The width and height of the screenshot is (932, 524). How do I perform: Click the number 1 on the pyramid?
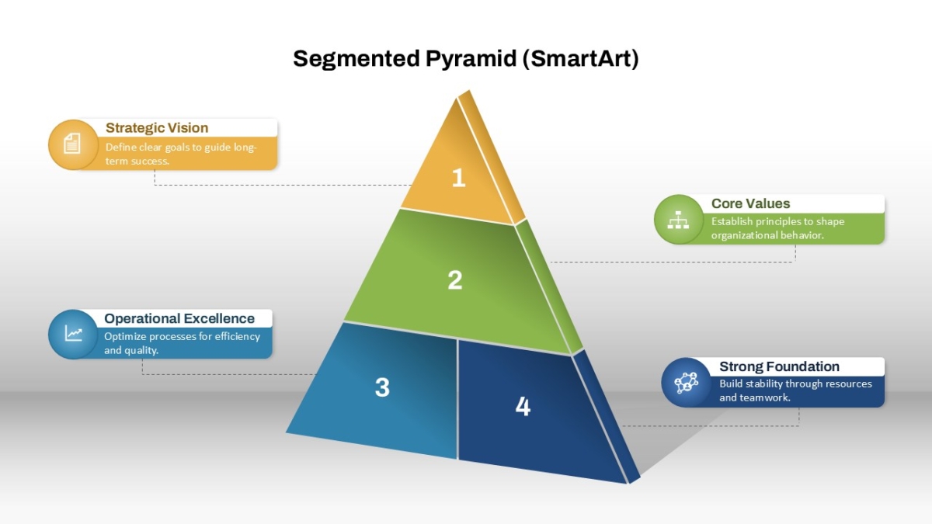(458, 178)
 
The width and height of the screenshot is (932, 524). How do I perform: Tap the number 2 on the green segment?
(455, 279)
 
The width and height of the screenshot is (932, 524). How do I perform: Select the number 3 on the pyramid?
(382, 387)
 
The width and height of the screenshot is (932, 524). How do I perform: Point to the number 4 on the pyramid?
(523, 406)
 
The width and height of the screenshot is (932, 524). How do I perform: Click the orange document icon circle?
(73, 144)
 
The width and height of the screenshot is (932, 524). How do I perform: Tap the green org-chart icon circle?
(679, 219)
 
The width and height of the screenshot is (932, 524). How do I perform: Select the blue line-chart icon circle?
(73, 334)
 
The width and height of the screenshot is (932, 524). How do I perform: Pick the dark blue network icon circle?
(686, 382)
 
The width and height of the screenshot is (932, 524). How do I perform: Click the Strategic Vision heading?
(157, 127)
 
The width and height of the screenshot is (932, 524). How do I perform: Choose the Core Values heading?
(750, 203)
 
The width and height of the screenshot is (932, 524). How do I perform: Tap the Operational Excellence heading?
(179, 318)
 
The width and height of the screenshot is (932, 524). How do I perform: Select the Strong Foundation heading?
(779, 366)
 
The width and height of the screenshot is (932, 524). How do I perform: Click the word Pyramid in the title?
(471, 59)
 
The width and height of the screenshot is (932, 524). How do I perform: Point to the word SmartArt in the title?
(580, 58)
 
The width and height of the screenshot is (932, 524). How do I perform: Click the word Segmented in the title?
(356, 59)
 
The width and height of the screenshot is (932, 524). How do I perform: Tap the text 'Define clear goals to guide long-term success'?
(181, 154)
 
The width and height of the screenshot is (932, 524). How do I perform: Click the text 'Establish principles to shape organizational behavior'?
(777, 228)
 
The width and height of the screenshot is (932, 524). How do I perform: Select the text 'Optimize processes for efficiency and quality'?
(182, 343)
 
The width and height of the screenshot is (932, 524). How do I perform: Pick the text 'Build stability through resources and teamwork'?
(795, 390)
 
